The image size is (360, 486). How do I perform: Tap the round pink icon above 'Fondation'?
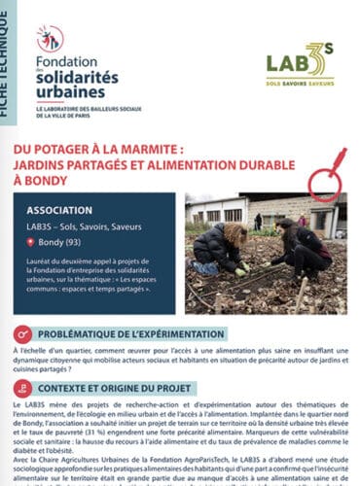50,38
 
